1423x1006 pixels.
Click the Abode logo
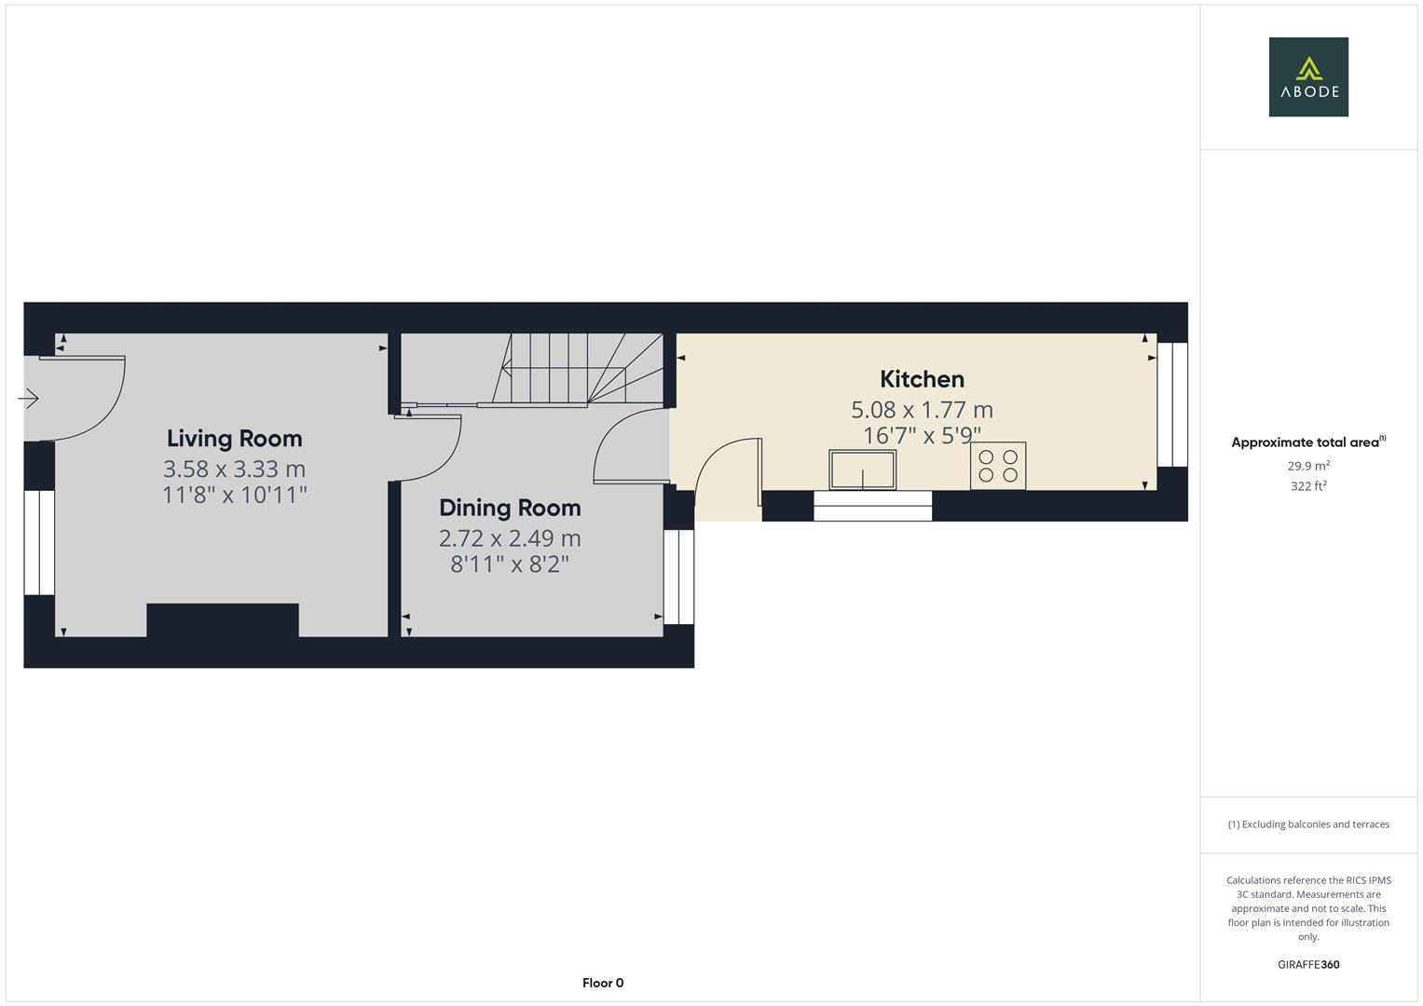[1307, 76]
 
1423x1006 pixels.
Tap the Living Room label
[234, 438]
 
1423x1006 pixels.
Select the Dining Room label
[510, 508]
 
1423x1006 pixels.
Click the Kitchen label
[922, 379]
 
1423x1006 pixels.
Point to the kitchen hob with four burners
[998, 466]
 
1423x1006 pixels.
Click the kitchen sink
[862, 469]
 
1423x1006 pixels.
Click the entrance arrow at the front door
[28, 400]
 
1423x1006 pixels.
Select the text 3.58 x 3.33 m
[234, 469]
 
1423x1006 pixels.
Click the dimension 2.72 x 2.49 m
[510, 538]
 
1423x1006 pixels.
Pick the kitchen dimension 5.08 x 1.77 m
[922, 410]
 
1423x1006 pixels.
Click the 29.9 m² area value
[1308, 466]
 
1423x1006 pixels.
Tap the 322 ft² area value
[1308, 486]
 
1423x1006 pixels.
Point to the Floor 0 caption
[603, 983]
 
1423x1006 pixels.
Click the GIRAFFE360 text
[1308, 964]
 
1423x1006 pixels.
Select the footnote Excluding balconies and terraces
[1308, 824]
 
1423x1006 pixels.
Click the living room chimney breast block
[223, 621]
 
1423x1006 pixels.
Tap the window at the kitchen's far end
[1172, 404]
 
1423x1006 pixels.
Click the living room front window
[39, 542]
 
